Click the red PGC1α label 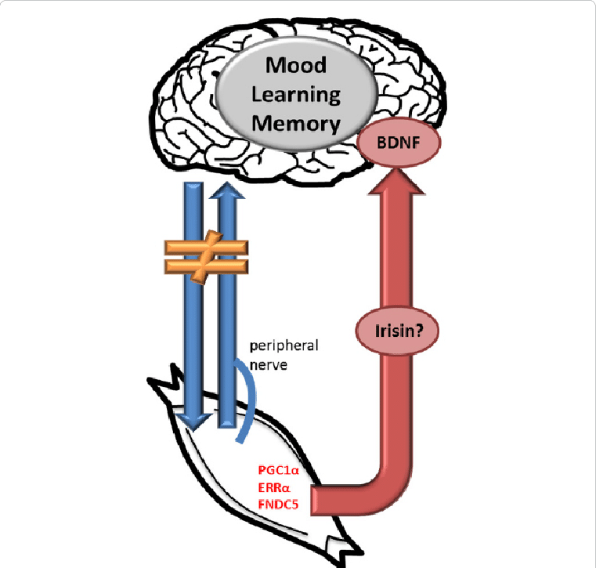(278, 471)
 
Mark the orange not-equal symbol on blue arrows (207, 256)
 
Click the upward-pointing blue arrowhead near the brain (226, 193)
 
